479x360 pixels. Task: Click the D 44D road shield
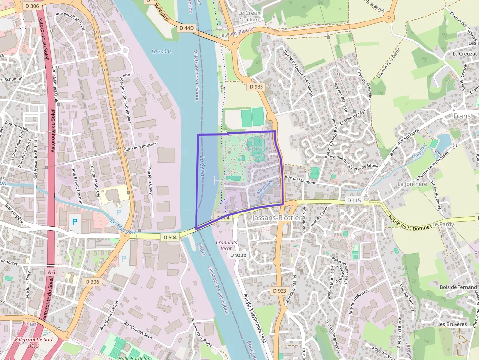(187, 28)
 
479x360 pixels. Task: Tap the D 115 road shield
(353, 200)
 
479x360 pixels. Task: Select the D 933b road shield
(239, 255)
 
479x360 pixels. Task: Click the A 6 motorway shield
(52, 271)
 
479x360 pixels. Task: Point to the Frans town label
(462, 116)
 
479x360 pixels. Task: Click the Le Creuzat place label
(464, 54)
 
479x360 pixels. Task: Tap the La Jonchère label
(412, 184)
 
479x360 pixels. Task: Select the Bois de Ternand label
(457, 287)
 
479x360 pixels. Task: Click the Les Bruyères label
(452, 324)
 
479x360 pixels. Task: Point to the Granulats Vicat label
(226, 245)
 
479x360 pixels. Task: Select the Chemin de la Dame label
(386, 65)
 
